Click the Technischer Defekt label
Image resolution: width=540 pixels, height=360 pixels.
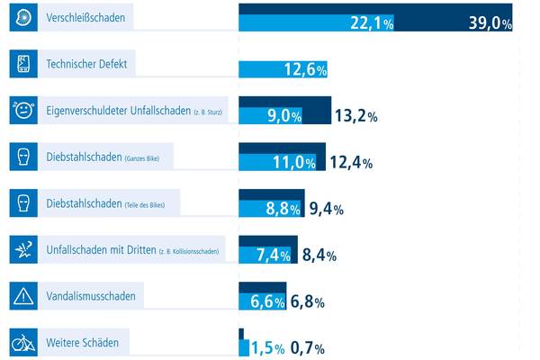point(85,64)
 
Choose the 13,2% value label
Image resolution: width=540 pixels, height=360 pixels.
point(355,114)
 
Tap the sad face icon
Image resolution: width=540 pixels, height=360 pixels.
point(22,111)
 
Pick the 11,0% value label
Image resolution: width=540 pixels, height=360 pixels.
point(292,163)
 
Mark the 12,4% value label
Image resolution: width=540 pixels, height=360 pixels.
point(351,163)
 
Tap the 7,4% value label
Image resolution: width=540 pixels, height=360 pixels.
point(274,256)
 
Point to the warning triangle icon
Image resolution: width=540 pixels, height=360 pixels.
point(22,295)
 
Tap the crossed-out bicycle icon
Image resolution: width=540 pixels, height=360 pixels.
point(22,342)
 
